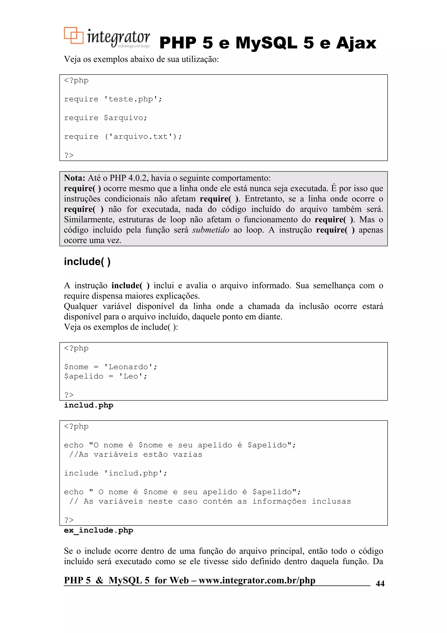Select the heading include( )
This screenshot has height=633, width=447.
point(87,261)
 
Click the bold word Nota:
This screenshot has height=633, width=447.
point(74,178)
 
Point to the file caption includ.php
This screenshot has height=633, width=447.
point(88,405)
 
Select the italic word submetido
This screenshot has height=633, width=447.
point(210,230)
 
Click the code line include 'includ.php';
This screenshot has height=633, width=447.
point(115,473)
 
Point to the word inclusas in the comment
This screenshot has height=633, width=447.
point(331,501)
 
